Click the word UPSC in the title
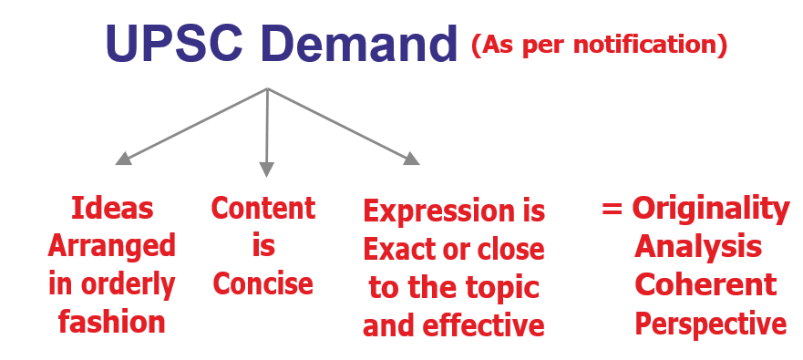(173, 43)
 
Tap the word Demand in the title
(358, 43)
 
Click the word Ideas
(112, 208)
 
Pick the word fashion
(111, 322)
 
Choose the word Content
(263, 208)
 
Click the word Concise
(263, 283)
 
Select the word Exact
(398, 250)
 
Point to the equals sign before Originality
(612, 209)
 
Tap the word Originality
(711, 210)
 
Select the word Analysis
(698, 248)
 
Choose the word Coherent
(705, 284)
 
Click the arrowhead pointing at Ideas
(123, 159)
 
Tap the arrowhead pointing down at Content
(266, 170)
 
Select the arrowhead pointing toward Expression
(411, 159)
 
